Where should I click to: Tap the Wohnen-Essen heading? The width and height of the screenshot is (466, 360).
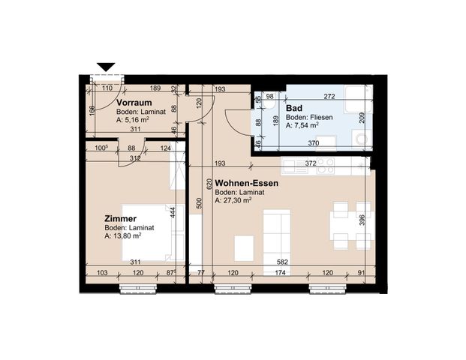click(246, 182)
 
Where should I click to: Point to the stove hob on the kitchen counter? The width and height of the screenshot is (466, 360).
click(325, 165)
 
